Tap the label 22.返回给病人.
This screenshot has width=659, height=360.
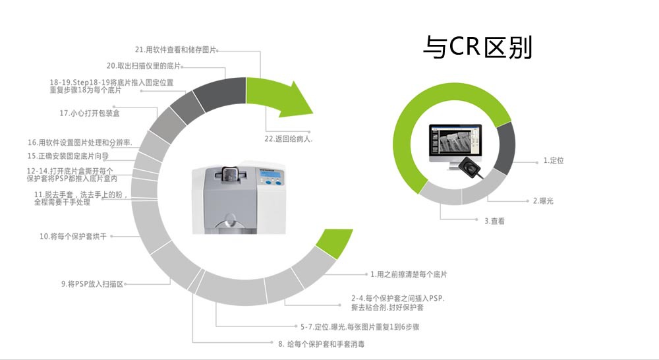[288, 139]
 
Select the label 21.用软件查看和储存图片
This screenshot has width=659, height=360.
[175, 49]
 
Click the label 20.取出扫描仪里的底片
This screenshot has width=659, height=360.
[143, 66]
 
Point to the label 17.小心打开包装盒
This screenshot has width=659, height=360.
[89, 113]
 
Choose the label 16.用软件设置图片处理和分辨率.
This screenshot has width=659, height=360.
[80, 142]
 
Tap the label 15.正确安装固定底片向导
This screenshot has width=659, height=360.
[68, 156]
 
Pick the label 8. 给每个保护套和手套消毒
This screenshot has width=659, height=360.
[321, 344]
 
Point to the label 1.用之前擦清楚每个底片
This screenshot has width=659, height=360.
[413, 274]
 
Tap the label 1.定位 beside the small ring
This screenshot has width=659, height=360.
[554, 161]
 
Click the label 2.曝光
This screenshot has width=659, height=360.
[543, 200]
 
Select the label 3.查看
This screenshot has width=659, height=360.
[494, 222]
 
